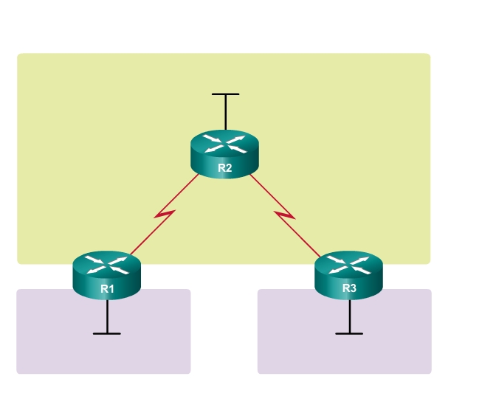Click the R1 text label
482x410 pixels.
[x=107, y=288]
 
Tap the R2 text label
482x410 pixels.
[x=225, y=168]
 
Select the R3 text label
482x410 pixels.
[x=349, y=288]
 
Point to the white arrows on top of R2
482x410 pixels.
[x=225, y=143]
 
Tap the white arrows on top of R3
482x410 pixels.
[x=349, y=263]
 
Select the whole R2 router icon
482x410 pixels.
[x=225, y=153]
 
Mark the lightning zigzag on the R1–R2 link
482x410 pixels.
[x=164, y=215]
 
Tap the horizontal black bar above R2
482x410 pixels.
[x=225, y=94]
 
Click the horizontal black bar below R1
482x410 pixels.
[x=107, y=333]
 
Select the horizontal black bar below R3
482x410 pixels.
[x=349, y=333]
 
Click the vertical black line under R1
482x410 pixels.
[x=107, y=316]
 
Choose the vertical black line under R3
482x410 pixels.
[x=349, y=316]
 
